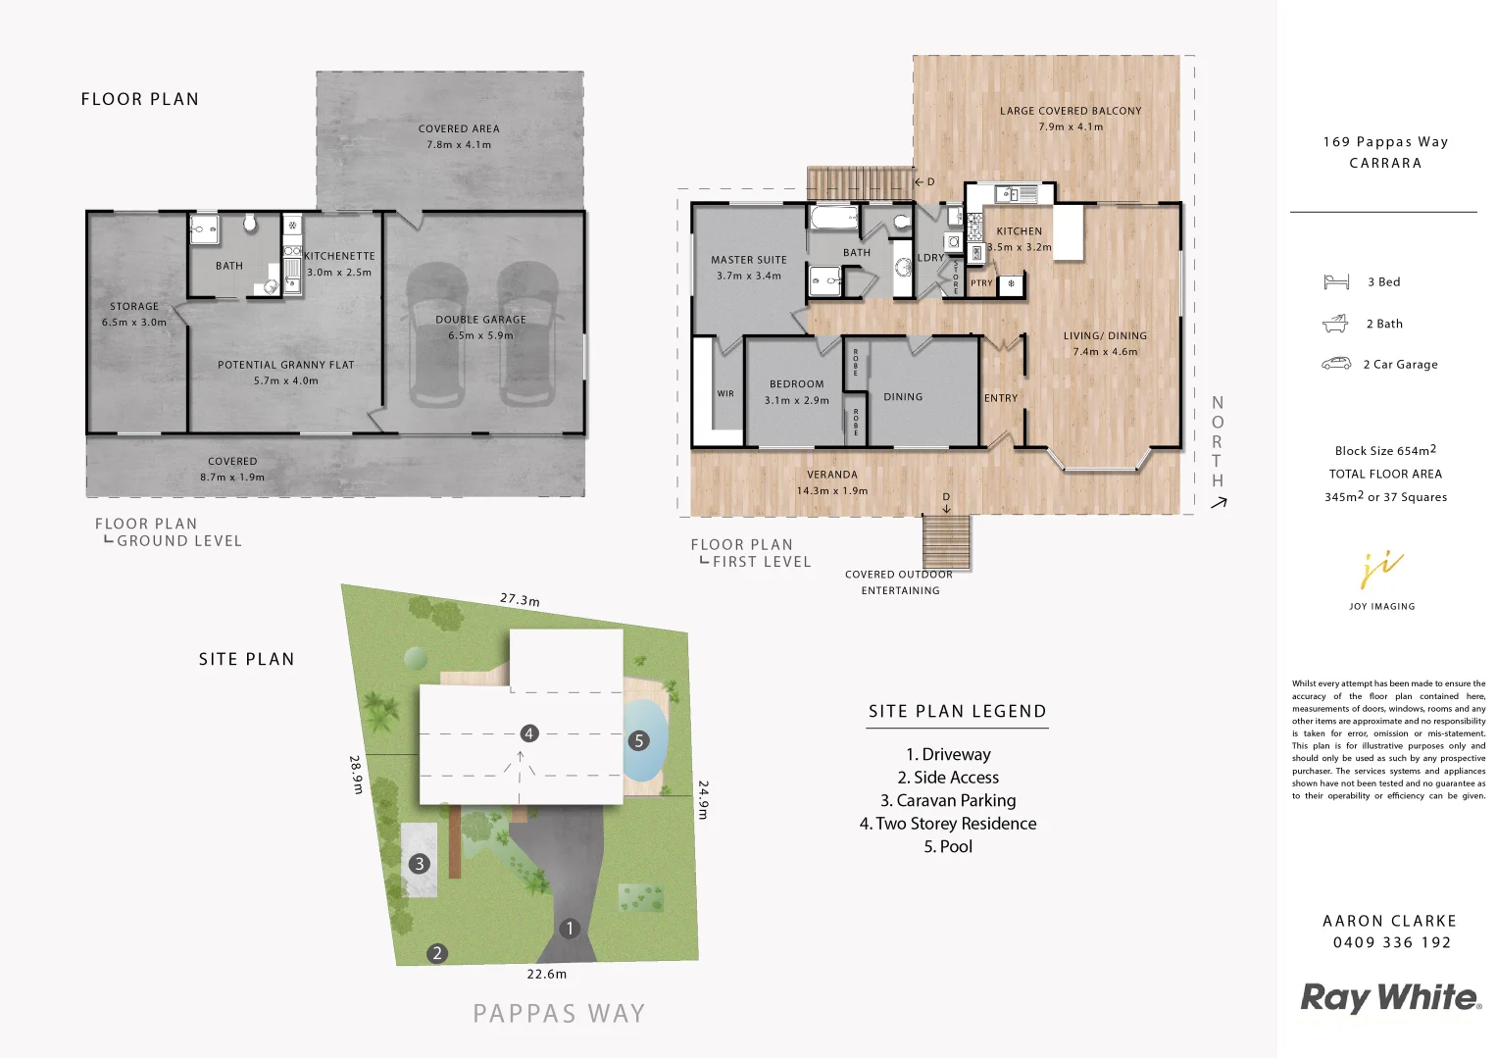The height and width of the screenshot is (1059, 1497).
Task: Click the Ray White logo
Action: tap(1390, 998)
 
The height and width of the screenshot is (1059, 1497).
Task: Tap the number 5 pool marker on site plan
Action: tap(639, 740)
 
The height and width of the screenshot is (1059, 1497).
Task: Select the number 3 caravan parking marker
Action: tap(420, 863)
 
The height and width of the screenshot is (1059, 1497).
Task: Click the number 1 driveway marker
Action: tap(570, 928)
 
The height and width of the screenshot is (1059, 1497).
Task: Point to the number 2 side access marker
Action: tap(437, 952)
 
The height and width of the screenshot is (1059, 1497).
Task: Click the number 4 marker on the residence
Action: tap(529, 733)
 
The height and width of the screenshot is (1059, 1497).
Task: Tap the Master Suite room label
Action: tap(749, 260)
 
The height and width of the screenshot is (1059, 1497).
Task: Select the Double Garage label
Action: tap(480, 320)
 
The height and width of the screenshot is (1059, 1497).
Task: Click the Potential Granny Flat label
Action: tap(286, 365)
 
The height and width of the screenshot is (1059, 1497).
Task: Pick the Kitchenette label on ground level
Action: tap(339, 256)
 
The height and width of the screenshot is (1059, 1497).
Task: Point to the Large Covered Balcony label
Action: tap(1071, 111)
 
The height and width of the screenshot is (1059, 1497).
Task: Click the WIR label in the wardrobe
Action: tap(725, 394)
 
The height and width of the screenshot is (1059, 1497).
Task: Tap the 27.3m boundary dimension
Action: tap(520, 599)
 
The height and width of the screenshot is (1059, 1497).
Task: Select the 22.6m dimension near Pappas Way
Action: tap(547, 974)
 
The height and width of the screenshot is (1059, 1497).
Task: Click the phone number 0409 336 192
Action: tap(1391, 942)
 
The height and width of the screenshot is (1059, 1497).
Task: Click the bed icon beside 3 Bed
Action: tap(1336, 282)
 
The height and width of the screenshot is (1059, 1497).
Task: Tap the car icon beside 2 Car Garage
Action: tap(1336, 364)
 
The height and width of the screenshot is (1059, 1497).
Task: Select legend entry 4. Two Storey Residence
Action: tap(948, 824)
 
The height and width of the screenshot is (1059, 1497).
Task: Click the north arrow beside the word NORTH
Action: tap(1219, 503)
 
